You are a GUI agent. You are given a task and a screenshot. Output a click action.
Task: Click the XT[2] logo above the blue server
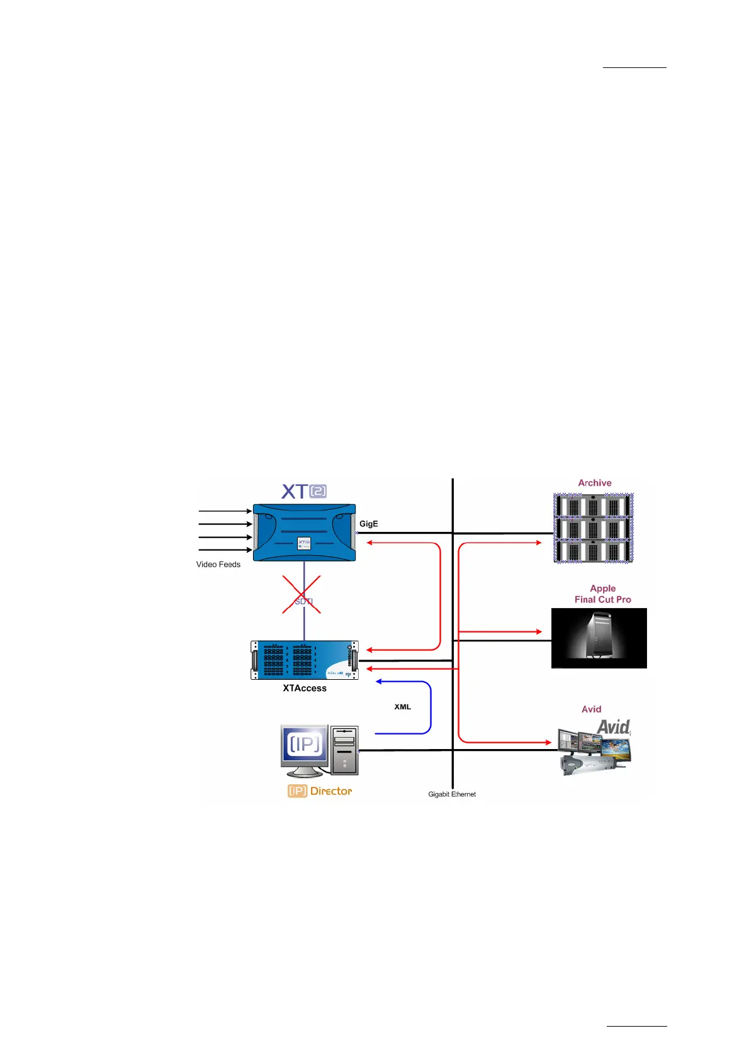(303, 491)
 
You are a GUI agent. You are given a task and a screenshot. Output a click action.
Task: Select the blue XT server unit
(304, 533)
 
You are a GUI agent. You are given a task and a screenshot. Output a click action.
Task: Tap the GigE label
(369, 524)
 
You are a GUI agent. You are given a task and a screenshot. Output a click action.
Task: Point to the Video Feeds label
(218, 565)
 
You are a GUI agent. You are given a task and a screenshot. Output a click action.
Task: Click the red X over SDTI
(301, 594)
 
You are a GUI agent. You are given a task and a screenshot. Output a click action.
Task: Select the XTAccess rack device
(304, 660)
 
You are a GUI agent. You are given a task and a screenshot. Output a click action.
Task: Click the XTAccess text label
(305, 689)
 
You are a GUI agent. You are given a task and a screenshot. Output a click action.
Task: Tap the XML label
(403, 707)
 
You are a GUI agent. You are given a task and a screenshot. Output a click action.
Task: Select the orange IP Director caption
(320, 791)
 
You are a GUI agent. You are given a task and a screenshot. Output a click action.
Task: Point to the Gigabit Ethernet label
(452, 794)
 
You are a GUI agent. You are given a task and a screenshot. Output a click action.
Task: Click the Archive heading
(595, 483)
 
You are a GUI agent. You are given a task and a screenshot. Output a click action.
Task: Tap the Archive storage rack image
(593, 528)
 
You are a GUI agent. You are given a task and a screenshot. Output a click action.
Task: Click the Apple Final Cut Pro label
(602, 594)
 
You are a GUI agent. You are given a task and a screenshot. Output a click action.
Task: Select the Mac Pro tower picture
(599, 638)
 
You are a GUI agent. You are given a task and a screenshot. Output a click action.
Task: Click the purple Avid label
(591, 709)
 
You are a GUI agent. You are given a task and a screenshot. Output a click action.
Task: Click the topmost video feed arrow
(225, 511)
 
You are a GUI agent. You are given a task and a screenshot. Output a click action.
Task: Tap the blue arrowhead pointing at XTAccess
(379, 681)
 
